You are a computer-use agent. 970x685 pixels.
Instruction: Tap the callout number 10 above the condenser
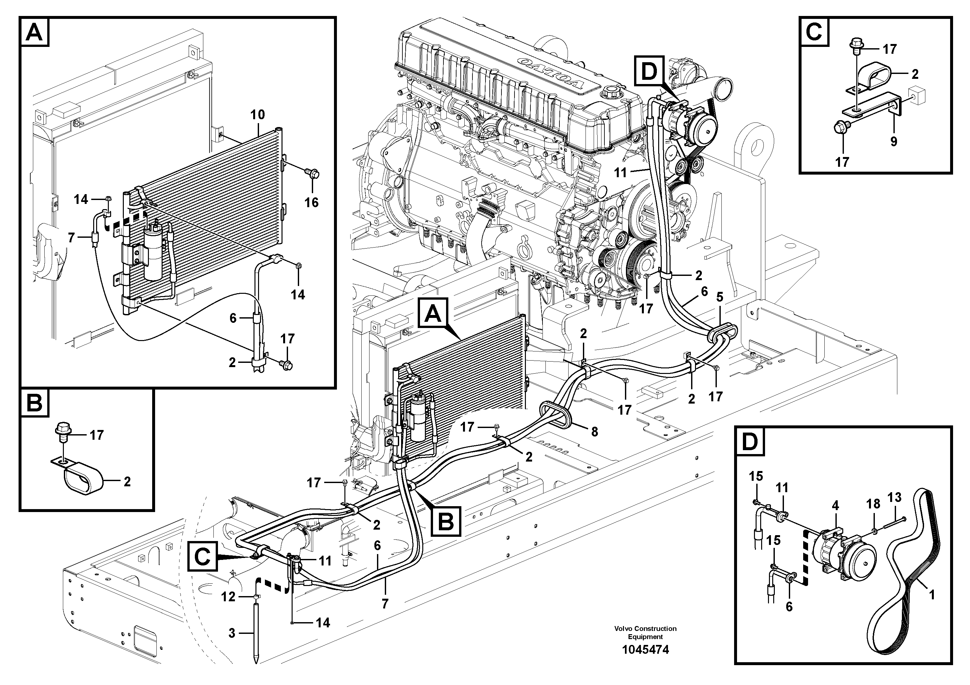(x=257, y=114)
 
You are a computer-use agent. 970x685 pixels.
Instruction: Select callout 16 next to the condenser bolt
(x=311, y=202)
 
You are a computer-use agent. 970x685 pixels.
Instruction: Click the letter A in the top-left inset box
(x=35, y=32)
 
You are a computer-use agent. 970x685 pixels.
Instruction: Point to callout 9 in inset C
(x=893, y=141)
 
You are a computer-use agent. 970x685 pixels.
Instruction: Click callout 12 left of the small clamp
(x=228, y=597)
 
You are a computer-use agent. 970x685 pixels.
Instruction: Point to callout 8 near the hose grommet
(x=594, y=432)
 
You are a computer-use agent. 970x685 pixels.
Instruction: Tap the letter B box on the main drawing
(x=446, y=522)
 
